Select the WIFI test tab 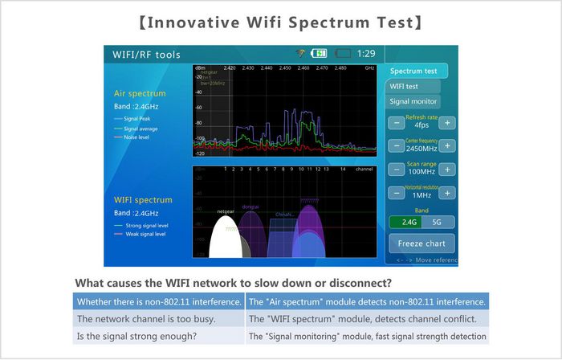pos(413,86)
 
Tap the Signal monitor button pos(413,101)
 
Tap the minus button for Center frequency pos(396,146)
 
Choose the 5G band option pos(438,222)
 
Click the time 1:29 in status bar pos(365,54)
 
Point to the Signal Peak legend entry pos(138,119)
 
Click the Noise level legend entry pos(138,137)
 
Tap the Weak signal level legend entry pos(144,235)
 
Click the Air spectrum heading pos(140,93)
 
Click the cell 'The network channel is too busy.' pos(157,319)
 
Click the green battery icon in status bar pos(319,54)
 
